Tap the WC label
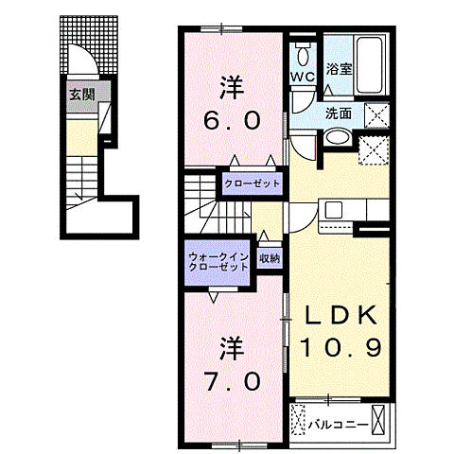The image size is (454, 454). (302, 75)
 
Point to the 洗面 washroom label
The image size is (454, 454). (339, 113)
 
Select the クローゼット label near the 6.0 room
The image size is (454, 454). (253, 183)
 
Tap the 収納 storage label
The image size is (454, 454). (269, 257)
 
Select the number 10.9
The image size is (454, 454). (341, 347)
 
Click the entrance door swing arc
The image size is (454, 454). (83, 62)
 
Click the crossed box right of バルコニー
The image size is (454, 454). (380, 417)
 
